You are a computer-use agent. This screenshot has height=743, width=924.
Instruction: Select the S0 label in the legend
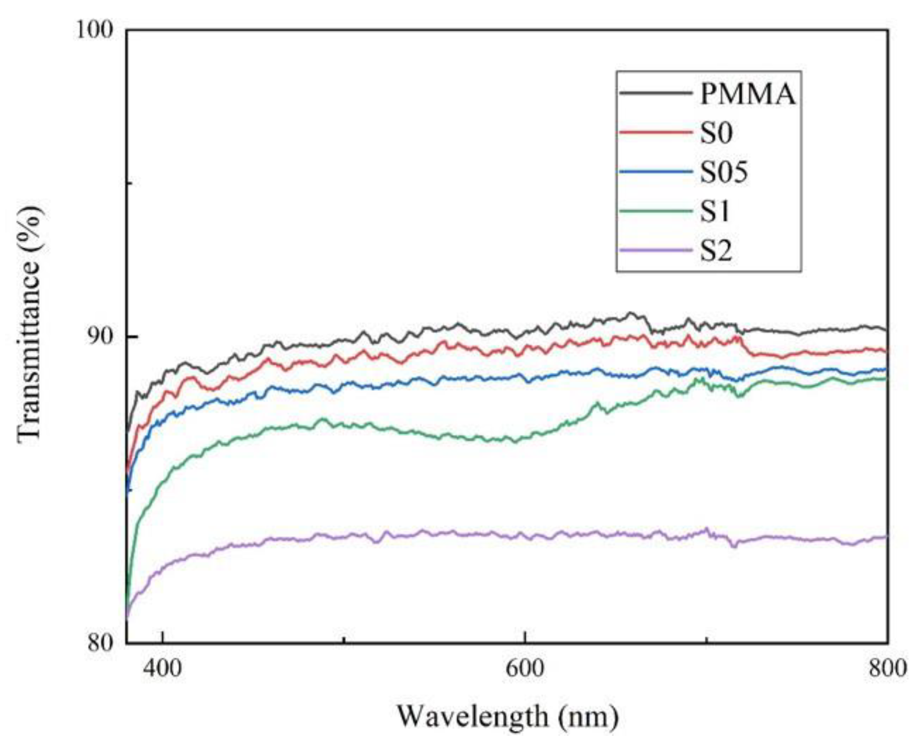tap(716, 133)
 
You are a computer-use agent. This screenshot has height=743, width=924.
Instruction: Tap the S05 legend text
tap(724, 173)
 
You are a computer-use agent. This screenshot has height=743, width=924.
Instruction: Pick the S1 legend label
tap(714, 212)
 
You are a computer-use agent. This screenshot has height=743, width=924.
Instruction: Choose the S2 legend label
tap(716, 251)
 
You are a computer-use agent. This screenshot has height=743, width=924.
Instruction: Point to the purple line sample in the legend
tap(656, 250)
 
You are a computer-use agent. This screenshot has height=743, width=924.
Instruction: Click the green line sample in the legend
tap(656, 211)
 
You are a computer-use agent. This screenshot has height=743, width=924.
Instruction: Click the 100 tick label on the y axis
tap(95, 31)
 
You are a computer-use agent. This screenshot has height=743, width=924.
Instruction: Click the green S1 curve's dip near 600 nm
tap(514, 441)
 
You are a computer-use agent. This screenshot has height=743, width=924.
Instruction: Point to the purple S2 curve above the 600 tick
tap(525, 536)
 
